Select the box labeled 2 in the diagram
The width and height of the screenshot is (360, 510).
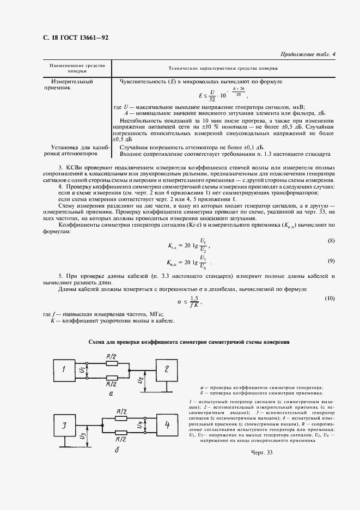167,369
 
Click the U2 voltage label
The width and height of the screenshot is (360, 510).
140,380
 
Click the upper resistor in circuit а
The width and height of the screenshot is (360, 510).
112,364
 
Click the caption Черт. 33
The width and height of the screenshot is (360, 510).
261,454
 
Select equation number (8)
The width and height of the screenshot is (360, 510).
331,241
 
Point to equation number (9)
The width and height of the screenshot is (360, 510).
331,262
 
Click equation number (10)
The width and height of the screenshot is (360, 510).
330,299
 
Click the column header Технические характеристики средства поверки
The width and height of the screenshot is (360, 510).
223,69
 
